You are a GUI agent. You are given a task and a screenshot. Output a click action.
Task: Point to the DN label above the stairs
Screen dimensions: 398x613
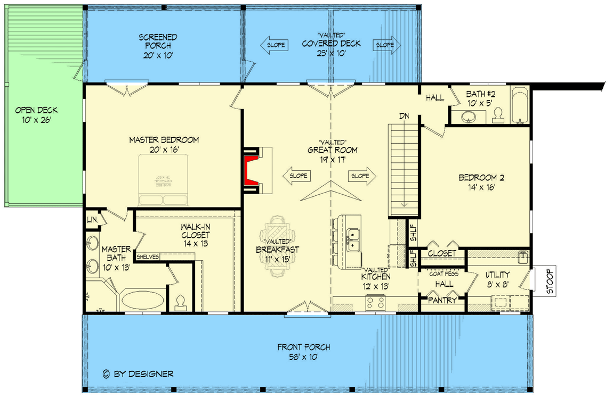404,115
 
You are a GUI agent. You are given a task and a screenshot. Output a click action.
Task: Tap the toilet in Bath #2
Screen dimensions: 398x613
498,115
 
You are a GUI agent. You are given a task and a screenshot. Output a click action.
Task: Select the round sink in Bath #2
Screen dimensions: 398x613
469,117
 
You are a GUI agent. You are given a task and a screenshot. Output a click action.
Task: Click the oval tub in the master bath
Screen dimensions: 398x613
143,299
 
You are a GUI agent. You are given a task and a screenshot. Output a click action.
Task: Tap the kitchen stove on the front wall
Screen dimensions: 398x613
375,303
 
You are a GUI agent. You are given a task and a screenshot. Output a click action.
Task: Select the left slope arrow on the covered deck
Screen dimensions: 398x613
274,45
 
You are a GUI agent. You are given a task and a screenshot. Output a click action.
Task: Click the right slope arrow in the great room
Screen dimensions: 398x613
362,176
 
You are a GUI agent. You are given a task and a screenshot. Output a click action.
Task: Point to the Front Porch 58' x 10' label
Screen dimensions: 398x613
303,352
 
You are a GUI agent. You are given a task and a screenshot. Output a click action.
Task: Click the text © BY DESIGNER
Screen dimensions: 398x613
138,374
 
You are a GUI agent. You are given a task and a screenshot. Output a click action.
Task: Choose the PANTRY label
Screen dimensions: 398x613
443,301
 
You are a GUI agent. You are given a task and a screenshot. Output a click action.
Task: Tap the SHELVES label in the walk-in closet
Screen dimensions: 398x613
148,257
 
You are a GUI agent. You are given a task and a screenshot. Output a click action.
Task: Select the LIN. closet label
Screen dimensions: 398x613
91,219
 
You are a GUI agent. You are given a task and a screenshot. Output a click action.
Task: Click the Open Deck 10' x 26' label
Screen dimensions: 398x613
36,115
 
